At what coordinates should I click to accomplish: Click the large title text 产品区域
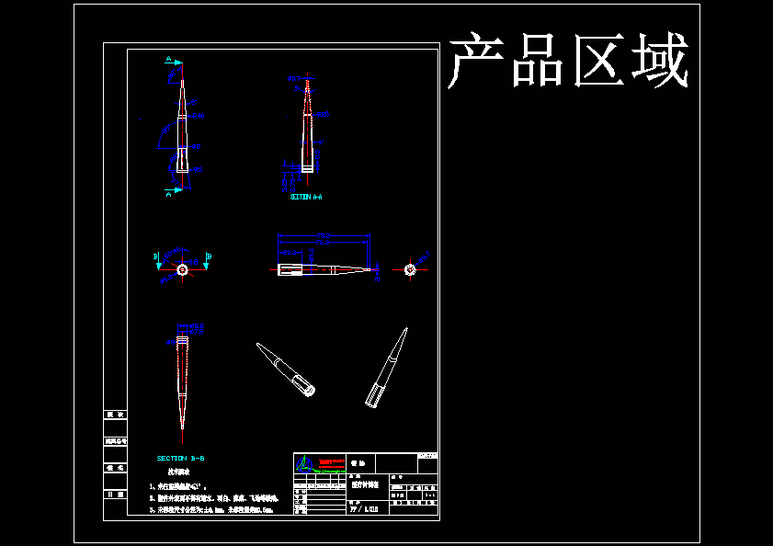[568, 62]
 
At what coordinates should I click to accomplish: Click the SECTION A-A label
[306, 197]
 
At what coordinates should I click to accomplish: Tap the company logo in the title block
[307, 465]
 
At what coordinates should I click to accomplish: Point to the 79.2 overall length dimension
[324, 235]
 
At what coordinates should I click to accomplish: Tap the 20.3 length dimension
[289, 252]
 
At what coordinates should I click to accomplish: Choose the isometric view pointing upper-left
[286, 370]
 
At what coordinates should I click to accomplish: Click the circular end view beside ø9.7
[410, 269]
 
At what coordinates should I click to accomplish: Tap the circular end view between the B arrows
[182, 269]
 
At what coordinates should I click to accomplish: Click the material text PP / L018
[364, 508]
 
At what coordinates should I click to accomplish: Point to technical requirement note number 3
[211, 508]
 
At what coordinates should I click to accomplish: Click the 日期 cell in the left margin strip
[115, 494]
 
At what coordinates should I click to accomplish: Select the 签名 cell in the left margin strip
[115, 467]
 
